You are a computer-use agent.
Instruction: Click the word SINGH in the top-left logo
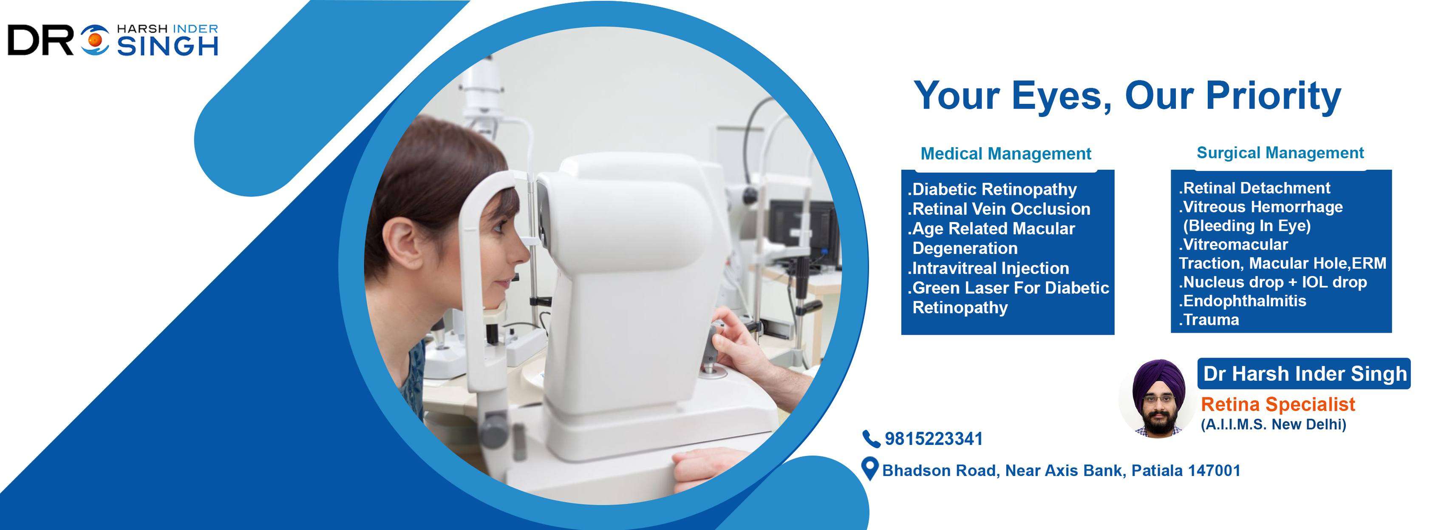coord(167,47)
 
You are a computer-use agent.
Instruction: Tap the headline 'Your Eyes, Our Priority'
coord(1127,97)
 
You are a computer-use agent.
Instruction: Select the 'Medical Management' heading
coord(1005,154)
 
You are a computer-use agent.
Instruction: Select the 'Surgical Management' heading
coord(1280,153)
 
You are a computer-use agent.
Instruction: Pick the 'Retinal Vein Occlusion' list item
coord(999,209)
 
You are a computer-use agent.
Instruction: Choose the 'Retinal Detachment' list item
coord(1254,188)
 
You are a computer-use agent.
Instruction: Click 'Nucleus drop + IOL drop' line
coord(1272,282)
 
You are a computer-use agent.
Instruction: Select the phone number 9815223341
coord(934,439)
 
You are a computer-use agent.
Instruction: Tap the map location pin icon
coord(869,469)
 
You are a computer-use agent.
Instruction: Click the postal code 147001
coord(1214,470)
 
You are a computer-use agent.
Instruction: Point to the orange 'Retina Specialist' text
coord(1278,405)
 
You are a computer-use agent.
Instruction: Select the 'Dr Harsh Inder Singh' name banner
coord(1304,373)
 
